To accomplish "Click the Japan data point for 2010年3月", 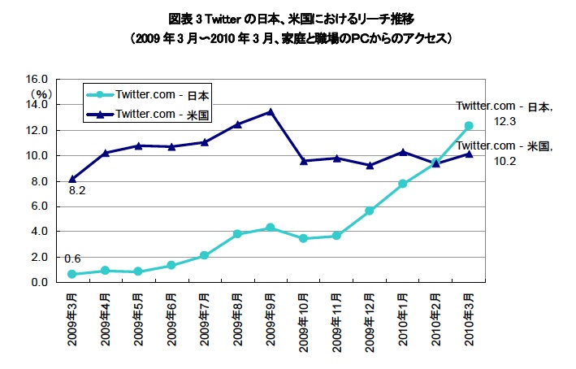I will [x=468, y=126].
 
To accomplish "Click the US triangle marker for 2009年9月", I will [x=270, y=112].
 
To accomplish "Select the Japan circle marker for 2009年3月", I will [x=72, y=274].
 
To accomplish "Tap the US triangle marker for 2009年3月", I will [x=72, y=179].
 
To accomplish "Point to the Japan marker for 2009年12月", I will [x=369, y=211].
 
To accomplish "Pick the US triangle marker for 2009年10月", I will [x=303, y=161].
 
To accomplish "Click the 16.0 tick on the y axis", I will [x=38, y=80].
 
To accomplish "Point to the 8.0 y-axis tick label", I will [x=41, y=181].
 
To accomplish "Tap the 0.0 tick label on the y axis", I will [x=41, y=282].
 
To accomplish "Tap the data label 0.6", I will [x=72, y=258].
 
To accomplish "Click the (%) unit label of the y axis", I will [x=42, y=94].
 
